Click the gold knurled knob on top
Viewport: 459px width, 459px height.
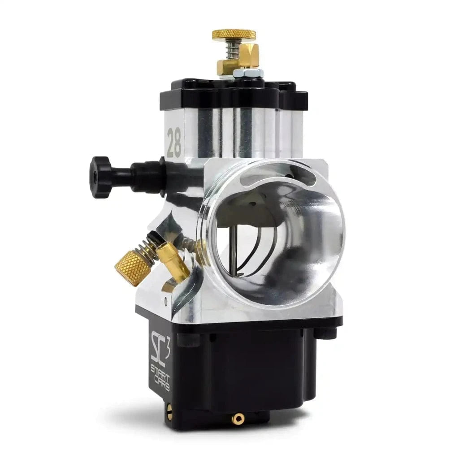pyautogui.click(x=233, y=35)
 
